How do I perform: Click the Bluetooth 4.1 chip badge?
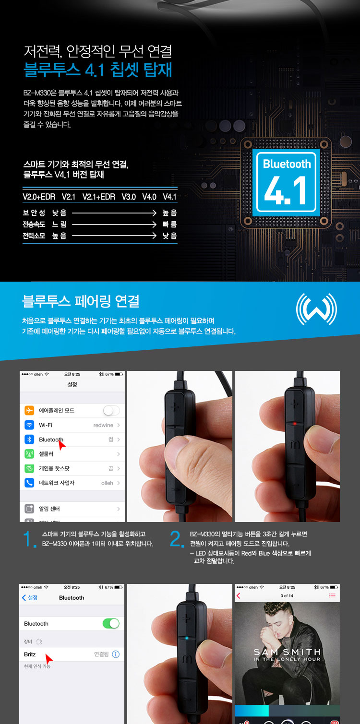click(x=286, y=182)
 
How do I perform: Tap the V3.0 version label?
click(x=129, y=197)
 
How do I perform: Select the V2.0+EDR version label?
click(x=39, y=197)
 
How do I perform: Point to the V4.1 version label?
click(x=169, y=197)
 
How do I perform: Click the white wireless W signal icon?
click(x=316, y=309)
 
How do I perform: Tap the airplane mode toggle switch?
click(x=111, y=411)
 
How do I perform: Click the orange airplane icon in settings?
click(x=29, y=411)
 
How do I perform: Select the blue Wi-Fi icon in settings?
click(x=29, y=425)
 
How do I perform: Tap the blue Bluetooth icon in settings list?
click(x=29, y=439)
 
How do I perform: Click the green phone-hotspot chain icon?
click(x=29, y=468)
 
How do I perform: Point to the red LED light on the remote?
click(x=295, y=423)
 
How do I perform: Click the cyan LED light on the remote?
click(x=187, y=638)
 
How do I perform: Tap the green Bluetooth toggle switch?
click(x=111, y=623)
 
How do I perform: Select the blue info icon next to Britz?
click(x=116, y=654)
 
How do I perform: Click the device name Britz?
click(x=30, y=654)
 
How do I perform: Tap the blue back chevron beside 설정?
click(x=24, y=598)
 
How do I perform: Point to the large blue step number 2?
click(x=176, y=539)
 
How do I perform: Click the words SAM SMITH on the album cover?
click(x=287, y=652)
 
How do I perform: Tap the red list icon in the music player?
click(x=332, y=595)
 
